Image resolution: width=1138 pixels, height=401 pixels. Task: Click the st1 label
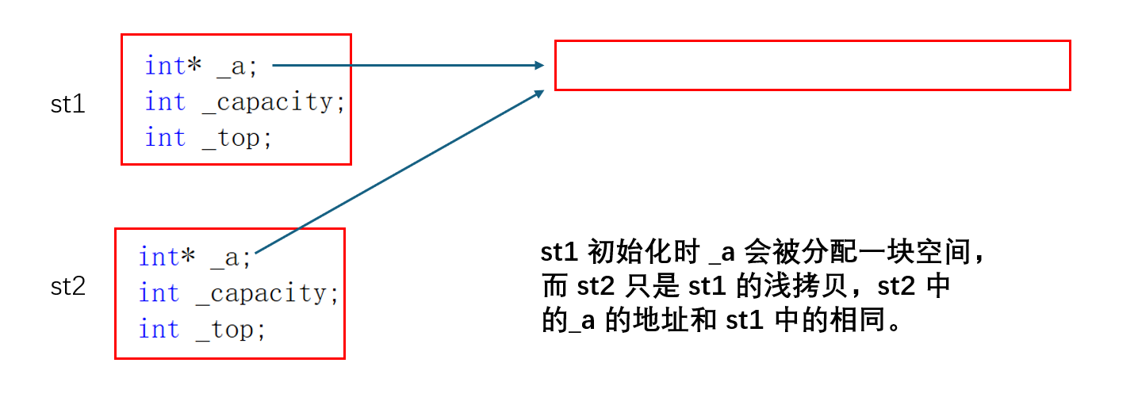[x=67, y=104]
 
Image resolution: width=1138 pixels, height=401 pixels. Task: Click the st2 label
[x=67, y=286]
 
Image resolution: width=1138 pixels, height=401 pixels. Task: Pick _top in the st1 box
[x=233, y=138]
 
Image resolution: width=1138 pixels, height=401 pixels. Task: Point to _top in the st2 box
[x=227, y=329]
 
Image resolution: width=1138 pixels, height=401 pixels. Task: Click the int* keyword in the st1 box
[x=173, y=66]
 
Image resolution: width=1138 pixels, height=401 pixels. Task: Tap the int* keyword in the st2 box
[x=167, y=257]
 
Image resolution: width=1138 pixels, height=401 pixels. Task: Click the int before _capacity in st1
[x=165, y=102]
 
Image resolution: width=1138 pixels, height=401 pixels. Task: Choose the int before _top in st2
[x=159, y=329]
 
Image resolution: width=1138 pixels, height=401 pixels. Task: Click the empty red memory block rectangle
[x=812, y=65]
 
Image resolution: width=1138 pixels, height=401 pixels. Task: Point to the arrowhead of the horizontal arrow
[x=540, y=66]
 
